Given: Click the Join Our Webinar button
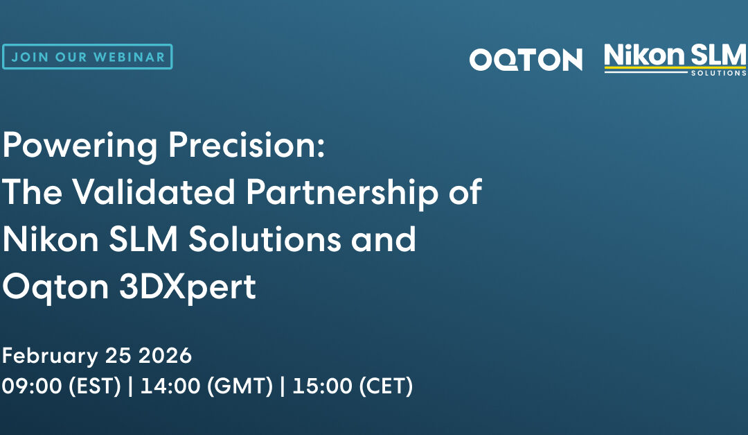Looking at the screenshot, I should tap(87, 57).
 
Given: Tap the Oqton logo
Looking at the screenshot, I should tap(526, 60).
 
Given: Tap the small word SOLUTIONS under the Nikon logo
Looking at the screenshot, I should tap(718, 73).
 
